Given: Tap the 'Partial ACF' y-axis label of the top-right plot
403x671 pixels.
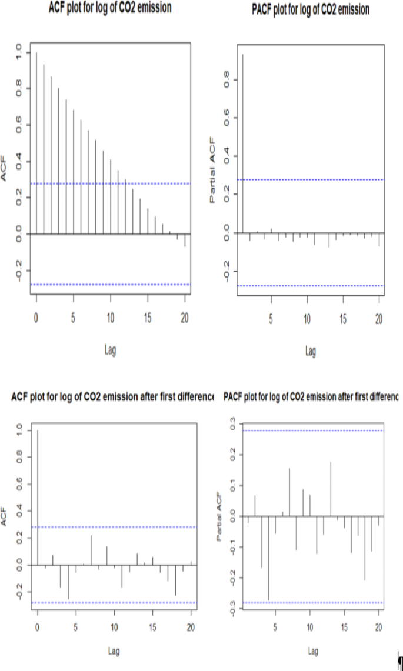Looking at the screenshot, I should [212, 171].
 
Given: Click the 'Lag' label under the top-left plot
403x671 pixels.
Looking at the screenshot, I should [110, 350].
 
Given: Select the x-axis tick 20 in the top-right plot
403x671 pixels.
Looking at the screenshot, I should [379, 320].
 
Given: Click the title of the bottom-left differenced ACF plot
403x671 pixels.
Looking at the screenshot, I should [112, 398].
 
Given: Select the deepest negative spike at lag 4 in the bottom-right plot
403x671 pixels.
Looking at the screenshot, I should [268, 558].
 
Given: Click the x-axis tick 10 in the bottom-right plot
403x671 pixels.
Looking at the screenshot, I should [309, 627].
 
